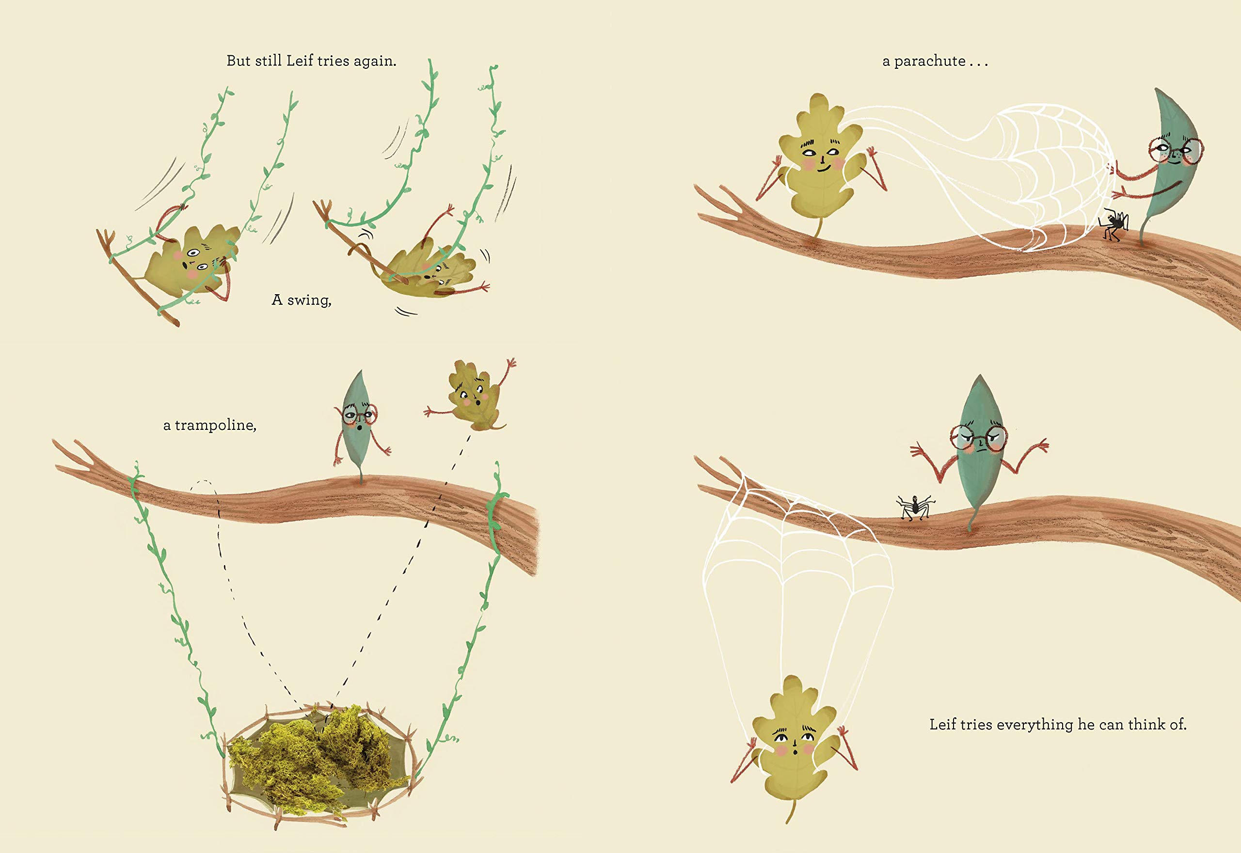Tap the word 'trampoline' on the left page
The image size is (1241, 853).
coord(214,426)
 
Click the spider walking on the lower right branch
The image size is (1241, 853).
coord(916,506)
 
